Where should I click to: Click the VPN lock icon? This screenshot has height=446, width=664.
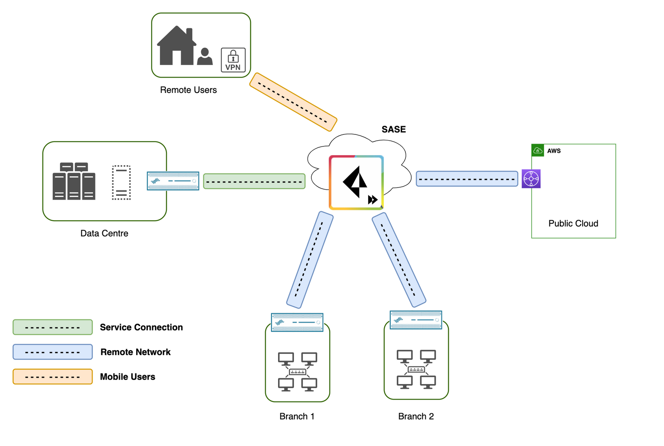pos(233,60)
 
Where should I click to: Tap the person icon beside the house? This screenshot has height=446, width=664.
pos(205,56)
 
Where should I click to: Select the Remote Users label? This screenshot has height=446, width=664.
pos(188,90)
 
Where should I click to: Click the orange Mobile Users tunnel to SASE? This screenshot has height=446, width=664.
pos(293,102)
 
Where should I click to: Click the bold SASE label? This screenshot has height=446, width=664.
pos(393,129)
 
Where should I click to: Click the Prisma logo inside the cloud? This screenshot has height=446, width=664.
pos(356,183)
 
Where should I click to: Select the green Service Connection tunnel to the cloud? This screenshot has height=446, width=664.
pos(254,181)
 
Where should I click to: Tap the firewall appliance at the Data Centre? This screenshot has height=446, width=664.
pos(173,181)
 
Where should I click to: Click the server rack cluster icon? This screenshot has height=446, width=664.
pos(74,181)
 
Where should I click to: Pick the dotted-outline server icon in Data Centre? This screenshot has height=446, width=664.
pos(121,183)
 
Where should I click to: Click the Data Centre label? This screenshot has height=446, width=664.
pos(104,234)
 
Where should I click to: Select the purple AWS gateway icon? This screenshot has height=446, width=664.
pos(531,179)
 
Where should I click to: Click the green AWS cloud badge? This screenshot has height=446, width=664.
pos(537,151)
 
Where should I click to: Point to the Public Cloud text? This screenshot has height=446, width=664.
pos(573,224)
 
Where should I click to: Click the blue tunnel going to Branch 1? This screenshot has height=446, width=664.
pos(310,260)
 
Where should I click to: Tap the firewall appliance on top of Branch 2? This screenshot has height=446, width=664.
pos(415,320)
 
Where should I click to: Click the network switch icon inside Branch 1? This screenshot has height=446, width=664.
pos(298,372)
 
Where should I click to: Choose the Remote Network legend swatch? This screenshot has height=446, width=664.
pos(52,352)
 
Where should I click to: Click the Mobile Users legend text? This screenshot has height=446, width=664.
pos(127,377)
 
